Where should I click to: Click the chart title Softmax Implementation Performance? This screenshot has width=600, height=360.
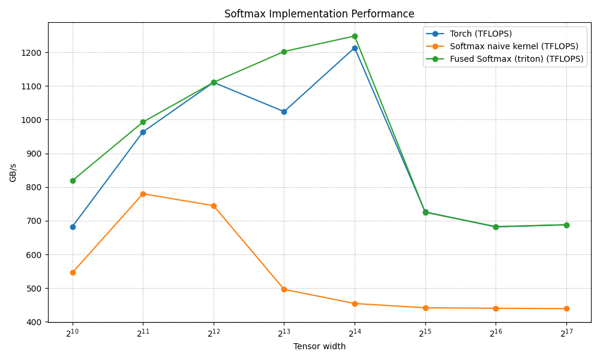(x=319, y=14)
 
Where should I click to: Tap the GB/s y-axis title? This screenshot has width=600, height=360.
(x=13, y=172)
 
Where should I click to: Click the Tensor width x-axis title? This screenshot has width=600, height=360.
(x=319, y=346)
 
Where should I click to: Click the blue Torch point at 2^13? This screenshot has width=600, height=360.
(x=284, y=112)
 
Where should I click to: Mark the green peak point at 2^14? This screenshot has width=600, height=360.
(x=355, y=36)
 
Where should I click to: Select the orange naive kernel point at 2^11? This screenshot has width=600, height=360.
(x=143, y=194)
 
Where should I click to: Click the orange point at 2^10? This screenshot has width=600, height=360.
(x=73, y=272)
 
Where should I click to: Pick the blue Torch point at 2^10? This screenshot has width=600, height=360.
(x=73, y=227)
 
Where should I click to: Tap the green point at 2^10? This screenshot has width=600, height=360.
(x=73, y=181)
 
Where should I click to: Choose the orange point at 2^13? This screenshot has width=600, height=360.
(x=284, y=289)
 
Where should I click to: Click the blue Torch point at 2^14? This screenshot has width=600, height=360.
(x=355, y=48)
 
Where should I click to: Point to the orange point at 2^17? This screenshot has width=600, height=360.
(x=566, y=308)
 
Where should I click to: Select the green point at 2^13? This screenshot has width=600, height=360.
(x=284, y=52)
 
